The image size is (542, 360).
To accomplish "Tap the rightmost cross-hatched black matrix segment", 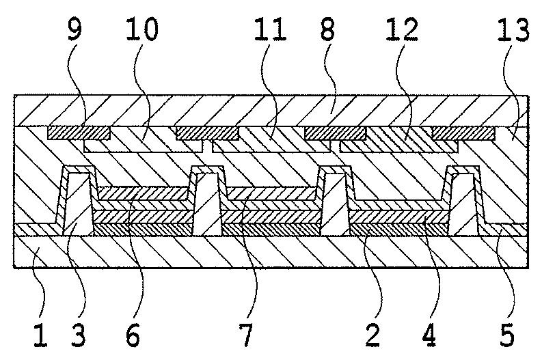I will (461, 133).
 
